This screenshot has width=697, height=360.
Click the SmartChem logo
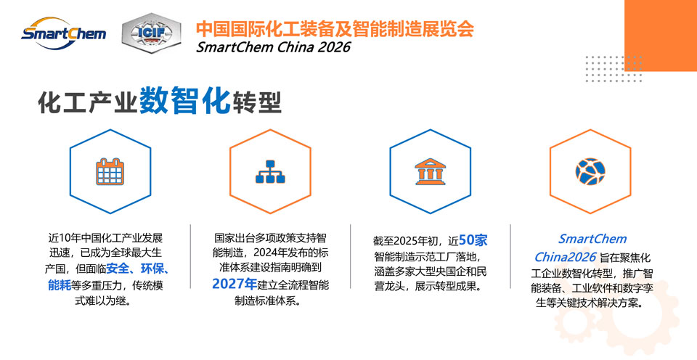click(64, 33)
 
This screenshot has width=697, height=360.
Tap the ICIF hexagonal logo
click(151, 33)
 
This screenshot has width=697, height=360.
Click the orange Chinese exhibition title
click(335, 28)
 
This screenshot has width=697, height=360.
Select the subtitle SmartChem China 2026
click(274, 47)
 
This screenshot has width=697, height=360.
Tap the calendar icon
click(110, 171)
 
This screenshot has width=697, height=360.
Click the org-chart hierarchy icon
click(270, 171)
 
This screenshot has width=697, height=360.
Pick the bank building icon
click(431, 171)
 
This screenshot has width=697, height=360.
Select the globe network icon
click(590, 171)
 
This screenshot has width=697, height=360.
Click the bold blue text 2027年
click(235, 284)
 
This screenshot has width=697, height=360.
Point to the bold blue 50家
click(473, 240)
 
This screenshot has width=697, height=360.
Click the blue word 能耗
click(60, 285)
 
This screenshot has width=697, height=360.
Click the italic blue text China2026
click(565, 257)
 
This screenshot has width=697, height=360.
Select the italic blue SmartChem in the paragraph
click(592, 239)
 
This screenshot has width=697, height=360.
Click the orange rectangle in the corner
click(661, 35)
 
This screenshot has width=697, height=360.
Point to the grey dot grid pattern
click(614, 69)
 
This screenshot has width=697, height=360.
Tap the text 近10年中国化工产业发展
click(106, 238)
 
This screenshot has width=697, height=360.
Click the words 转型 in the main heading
click(256, 102)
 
